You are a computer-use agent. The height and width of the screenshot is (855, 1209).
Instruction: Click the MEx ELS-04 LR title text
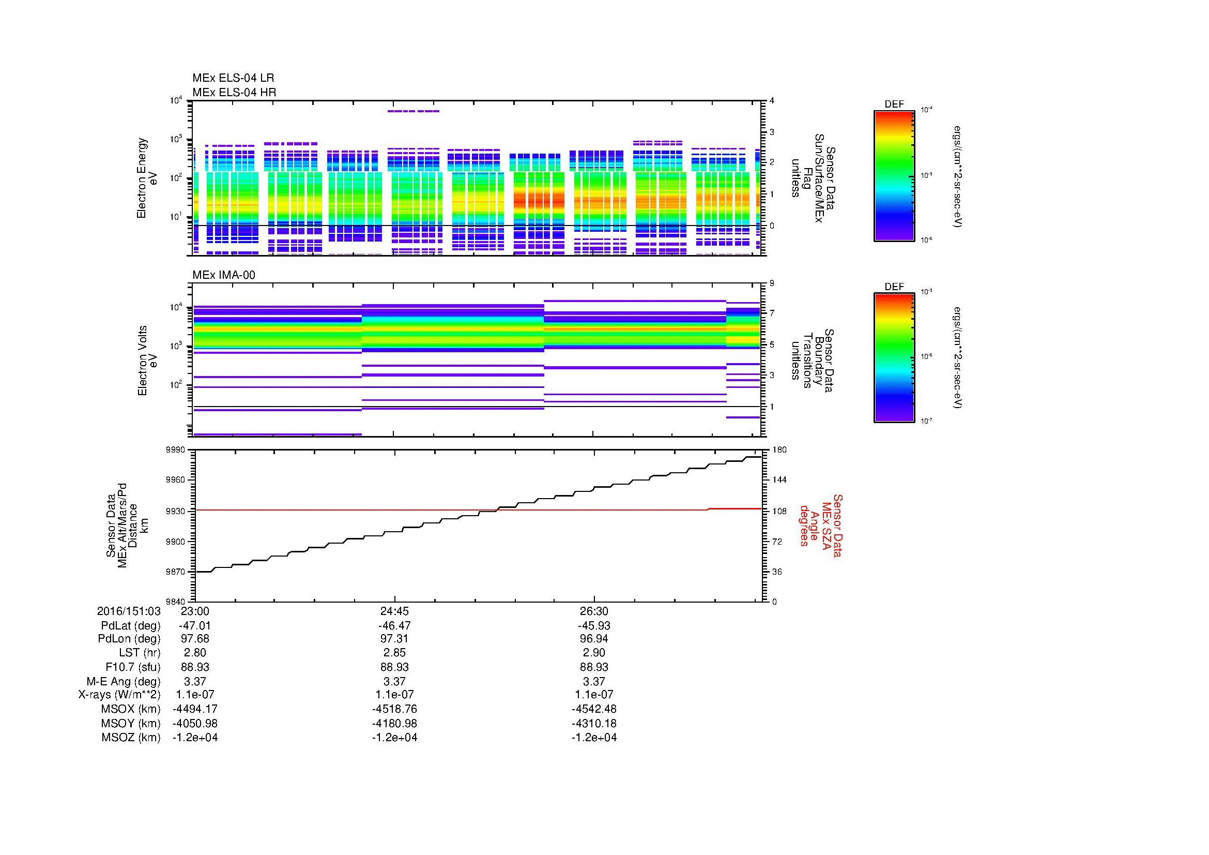point(233,78)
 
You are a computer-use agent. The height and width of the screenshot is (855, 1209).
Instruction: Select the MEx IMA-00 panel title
point(223,275)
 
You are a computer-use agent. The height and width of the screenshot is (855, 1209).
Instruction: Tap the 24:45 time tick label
point(394,611)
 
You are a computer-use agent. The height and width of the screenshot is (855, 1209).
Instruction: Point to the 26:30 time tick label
point(593,611)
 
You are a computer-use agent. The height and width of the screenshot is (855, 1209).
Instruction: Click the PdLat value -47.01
point(195,625)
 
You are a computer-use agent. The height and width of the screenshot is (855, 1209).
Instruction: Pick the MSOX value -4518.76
point(394,709)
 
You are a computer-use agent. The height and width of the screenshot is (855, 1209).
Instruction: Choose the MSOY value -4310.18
point(593,723)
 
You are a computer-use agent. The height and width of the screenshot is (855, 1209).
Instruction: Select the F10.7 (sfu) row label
point(133,667)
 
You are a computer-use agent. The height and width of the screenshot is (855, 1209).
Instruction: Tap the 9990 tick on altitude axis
point(176,450)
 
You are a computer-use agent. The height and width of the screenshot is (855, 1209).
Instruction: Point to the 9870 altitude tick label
point(176,572)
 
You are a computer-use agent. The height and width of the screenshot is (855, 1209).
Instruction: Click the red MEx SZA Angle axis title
point(820,525)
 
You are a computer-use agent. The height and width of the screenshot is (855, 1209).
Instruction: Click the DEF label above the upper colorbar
point(894,104)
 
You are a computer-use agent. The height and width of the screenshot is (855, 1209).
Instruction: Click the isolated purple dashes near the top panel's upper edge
point(414,111)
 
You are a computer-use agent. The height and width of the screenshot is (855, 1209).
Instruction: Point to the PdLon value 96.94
point(593,639)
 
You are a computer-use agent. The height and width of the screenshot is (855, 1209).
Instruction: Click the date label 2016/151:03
point(129,611)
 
